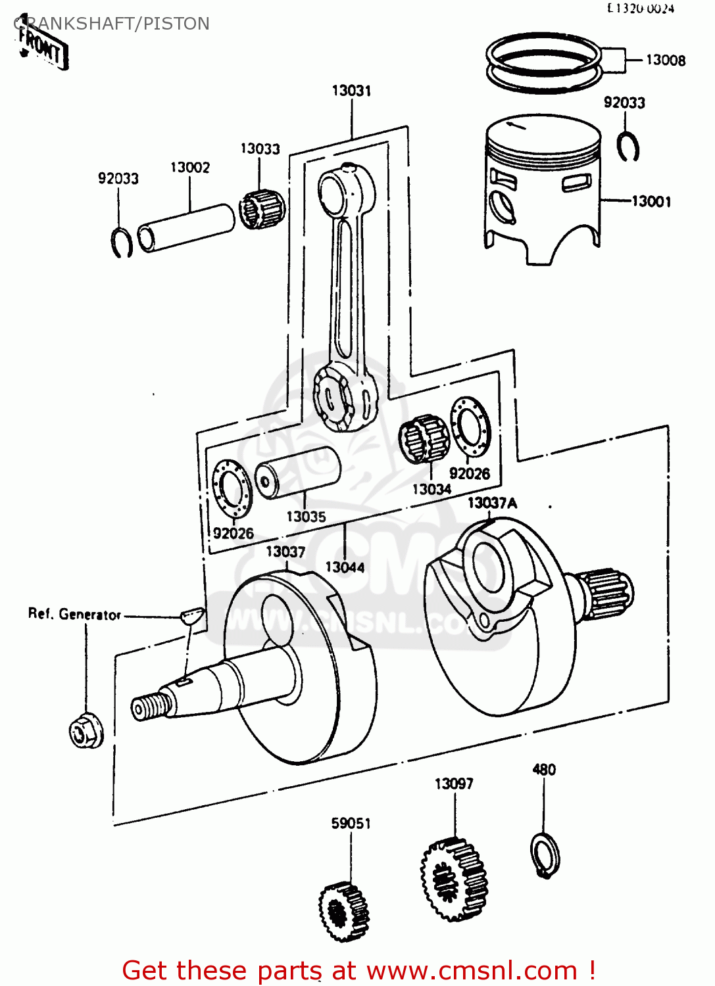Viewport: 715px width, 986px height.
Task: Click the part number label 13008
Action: coord(665,60)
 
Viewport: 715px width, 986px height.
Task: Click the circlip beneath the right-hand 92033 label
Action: coord(628,147)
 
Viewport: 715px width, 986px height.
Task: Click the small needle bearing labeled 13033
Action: coord(261,208)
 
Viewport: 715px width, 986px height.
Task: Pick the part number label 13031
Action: coord(351,91)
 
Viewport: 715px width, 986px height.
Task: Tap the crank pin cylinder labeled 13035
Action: coord(298,472)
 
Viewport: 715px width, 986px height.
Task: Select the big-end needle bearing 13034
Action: coord(424,439)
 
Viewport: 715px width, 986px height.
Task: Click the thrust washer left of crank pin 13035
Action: coord(232,489)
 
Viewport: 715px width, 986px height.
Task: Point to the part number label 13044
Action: coord(345,567)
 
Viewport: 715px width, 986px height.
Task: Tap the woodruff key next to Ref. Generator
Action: coord(192,616)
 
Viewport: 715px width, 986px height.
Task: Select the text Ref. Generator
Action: coord(74,615)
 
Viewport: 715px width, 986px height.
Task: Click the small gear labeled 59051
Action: coord(344,912)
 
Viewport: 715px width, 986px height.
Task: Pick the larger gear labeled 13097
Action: coord(455,880)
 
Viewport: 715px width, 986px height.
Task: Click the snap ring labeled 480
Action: coord(545,855)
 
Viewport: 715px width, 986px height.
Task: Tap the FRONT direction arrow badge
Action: coord(42,47)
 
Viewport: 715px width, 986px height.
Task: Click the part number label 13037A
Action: coord(492,504)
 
